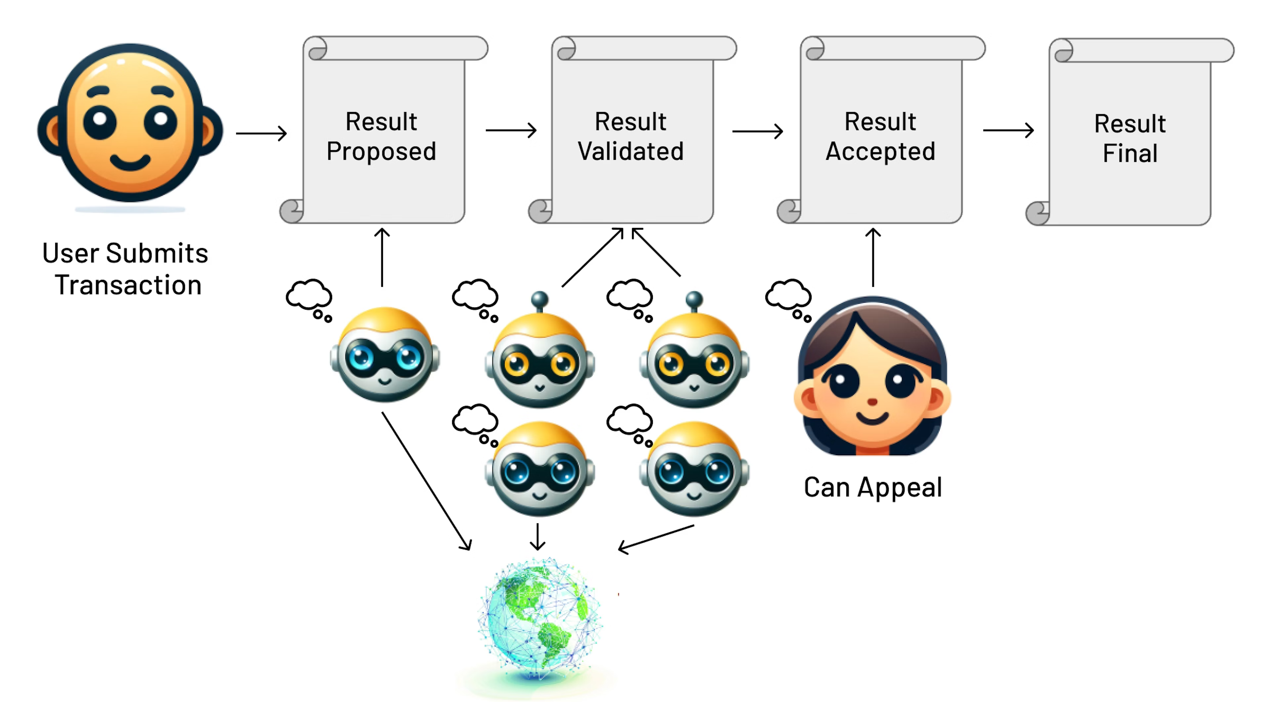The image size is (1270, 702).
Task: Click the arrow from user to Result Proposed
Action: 261,133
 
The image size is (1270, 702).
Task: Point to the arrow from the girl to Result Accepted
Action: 873,256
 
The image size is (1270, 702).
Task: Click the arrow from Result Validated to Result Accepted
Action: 757,131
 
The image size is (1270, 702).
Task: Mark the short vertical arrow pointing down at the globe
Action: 537,536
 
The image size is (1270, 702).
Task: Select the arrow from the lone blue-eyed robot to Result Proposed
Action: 382,256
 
